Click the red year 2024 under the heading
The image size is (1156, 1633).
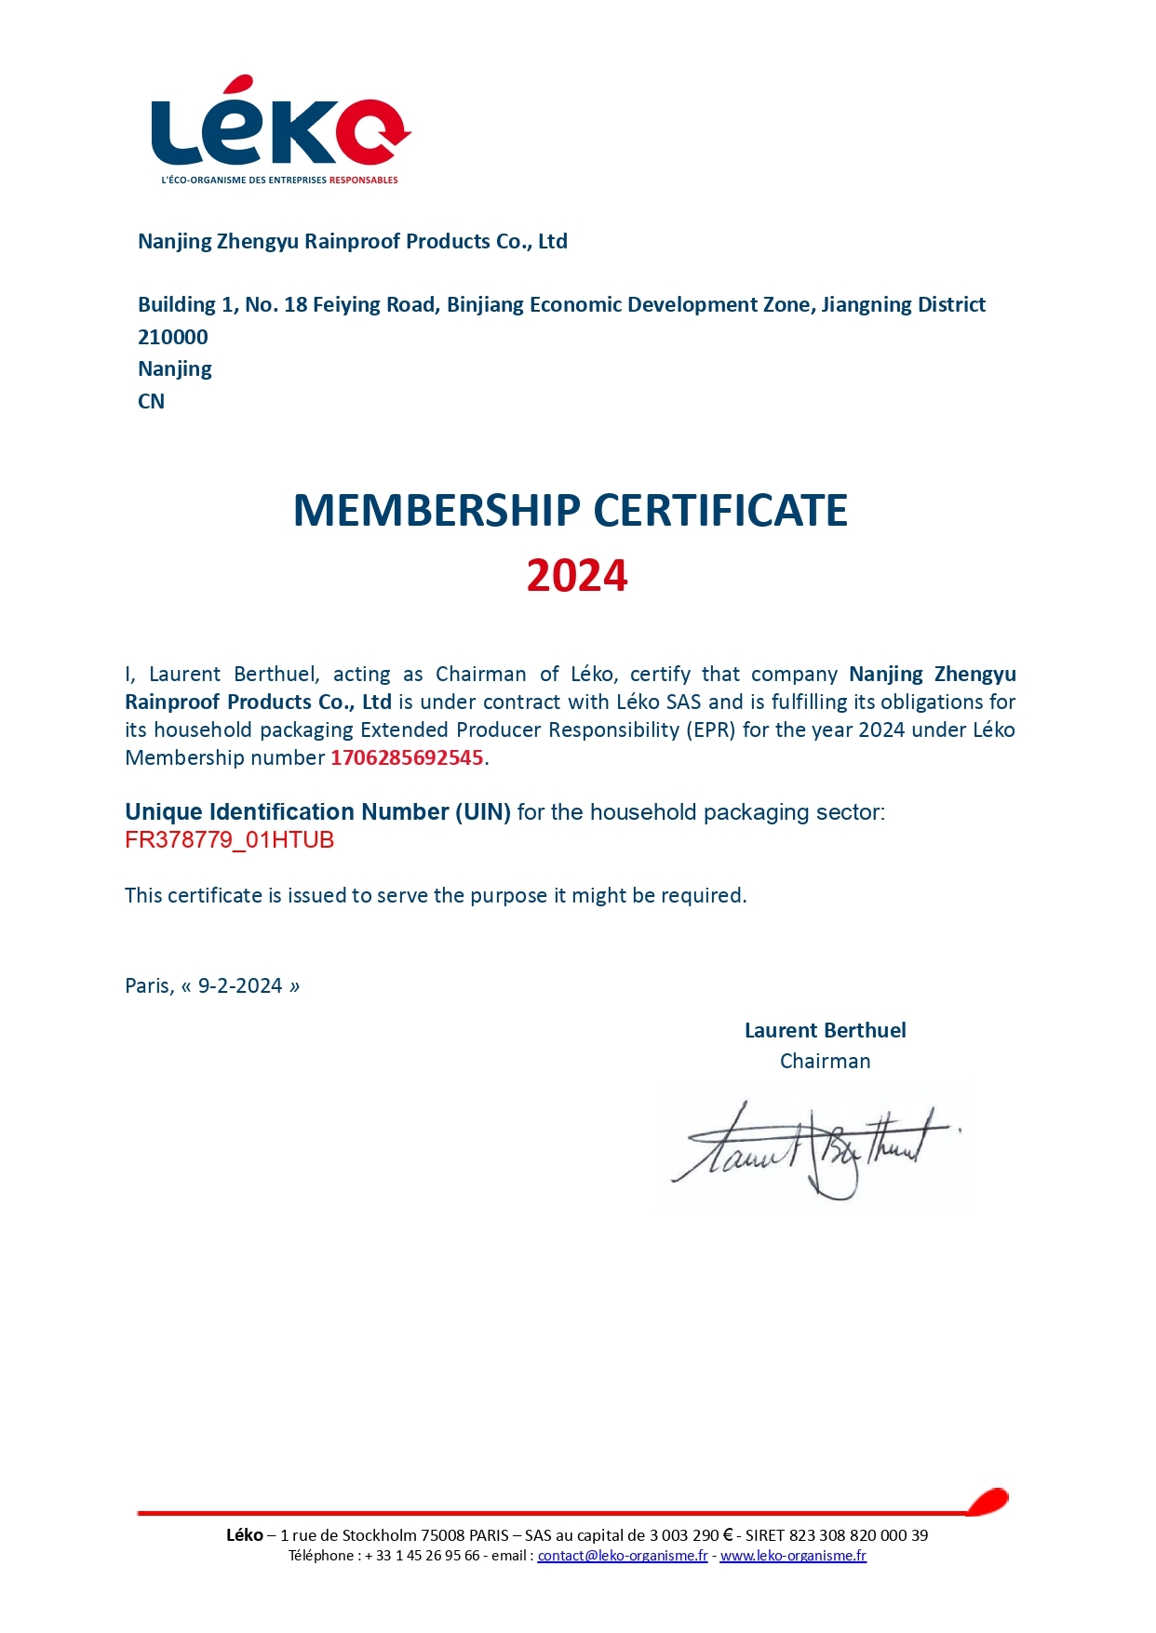click(577, 576)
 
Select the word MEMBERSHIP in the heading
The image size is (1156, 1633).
click(437, 511)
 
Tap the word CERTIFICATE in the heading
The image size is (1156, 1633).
click(720, 511)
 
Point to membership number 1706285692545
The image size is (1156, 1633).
click(407, 757)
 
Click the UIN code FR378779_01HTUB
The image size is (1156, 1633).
click(229, 840)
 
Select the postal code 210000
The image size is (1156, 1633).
click(173, 337)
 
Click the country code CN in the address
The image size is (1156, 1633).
click(151, 401)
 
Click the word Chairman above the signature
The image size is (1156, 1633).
click(825, 1061)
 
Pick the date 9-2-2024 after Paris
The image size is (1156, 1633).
click(240, 985)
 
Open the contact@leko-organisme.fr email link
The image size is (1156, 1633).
click(622, 1556)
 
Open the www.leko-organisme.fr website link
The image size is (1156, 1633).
click(793, 1556)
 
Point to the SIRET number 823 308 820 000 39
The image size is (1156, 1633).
click(858, 1535)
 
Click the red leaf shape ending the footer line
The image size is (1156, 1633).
click(988, 1501)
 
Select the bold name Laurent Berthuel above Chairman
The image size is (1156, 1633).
click(825, 1030)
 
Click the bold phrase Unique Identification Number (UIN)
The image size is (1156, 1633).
click(317, 812)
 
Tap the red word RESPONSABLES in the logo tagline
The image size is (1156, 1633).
click(363, 180)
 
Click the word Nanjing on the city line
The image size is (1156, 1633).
click(175, 369)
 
